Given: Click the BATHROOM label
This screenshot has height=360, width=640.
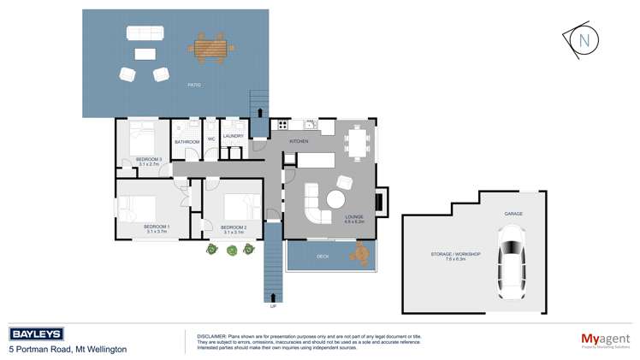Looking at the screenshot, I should click(187, 141).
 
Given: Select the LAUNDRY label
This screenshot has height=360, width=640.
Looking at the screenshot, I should click(234, 136).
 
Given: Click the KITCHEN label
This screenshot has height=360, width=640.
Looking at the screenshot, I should click(298, 141).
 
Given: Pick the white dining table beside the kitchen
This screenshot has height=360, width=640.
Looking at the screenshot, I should click(358, 142).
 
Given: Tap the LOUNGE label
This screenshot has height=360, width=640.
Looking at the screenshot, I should click(354, 216).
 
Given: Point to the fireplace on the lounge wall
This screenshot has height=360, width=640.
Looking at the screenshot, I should click(382, 202).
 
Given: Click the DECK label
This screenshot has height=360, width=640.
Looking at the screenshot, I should click(323, 256).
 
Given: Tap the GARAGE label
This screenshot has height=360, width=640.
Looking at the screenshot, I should click(513, 213).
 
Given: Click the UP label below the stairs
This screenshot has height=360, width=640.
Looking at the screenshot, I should click(273, 305).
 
